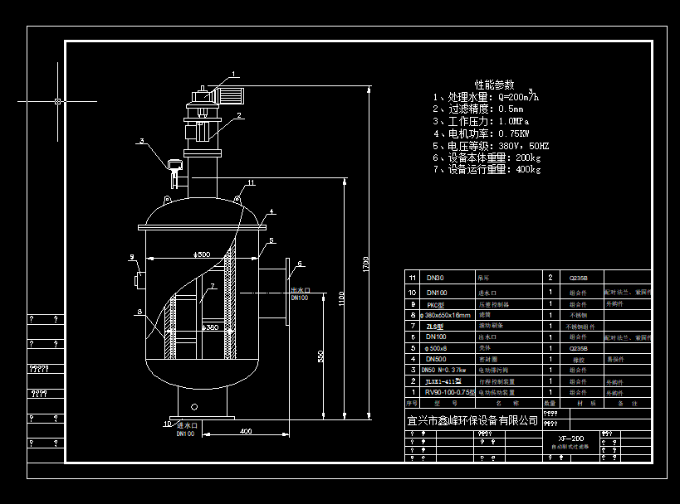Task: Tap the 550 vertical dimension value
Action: click(x=320, y=356)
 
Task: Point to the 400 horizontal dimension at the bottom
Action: click(x=246, y=431)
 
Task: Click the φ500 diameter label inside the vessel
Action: click(x=201, y=254)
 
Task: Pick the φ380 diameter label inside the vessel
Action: click(x=212, y=327)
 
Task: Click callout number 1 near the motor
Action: click(x=234, y=74)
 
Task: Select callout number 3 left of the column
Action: click(x=142, y=141)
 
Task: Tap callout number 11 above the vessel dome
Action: click(x=251, y=182)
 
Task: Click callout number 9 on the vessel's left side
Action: click(x=131, y=257)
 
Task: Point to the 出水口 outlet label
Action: click(x=300, y=289)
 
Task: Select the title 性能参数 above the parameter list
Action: click(x=494, y=85)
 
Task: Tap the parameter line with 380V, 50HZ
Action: click(x=491, y=145)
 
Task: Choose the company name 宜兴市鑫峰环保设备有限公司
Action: click(x=472, y=420)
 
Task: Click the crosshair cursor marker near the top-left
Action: click(x=57, y=101)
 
